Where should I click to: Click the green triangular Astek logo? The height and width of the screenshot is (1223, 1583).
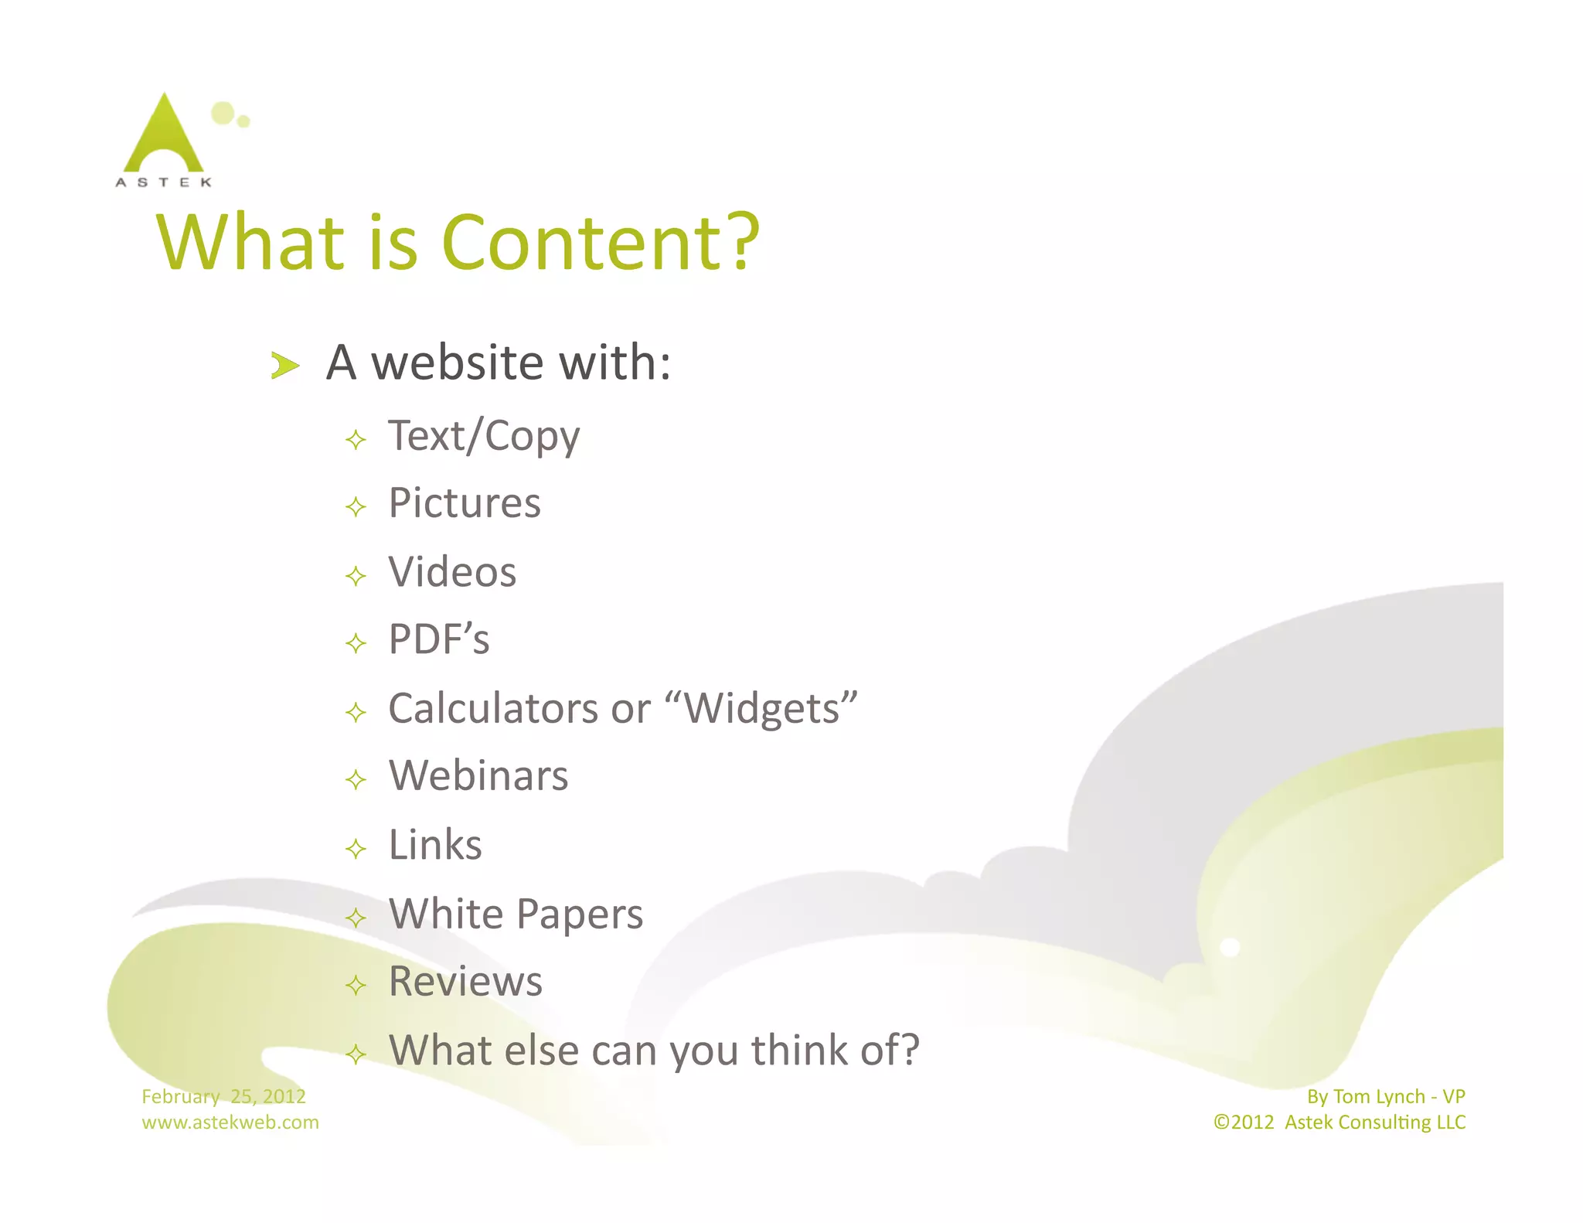tap(164, 135)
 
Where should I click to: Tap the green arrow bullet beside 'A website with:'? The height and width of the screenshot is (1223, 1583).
tap(284, 365)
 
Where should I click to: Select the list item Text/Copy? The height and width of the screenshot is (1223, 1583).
tap(484, 437)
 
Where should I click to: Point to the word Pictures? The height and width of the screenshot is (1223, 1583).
tap(465, 504)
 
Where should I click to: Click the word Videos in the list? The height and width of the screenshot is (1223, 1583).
tap(452, 573)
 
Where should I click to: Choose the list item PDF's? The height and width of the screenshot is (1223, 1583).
tap(439, 640)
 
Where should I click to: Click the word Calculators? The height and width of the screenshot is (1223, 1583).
tap(493, 709)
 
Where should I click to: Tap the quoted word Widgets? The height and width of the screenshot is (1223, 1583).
tap(761, 709)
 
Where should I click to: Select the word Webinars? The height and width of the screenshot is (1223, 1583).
tap(478, 776)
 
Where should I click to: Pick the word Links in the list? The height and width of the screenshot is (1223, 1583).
tap(435, 845)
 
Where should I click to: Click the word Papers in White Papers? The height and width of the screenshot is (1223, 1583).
tap(580, 915)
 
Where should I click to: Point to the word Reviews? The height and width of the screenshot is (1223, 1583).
tap(465, 982)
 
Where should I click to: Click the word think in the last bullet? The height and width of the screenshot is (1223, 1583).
tap(799, 1051)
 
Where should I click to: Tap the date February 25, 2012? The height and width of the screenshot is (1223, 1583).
tap(223, 1096)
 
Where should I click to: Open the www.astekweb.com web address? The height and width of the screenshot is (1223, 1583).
tap(230, 1122)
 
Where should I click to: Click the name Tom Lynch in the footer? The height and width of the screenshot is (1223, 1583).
tap(1379, 1096)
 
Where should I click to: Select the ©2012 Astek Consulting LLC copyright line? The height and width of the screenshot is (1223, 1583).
tap(1339, 1122)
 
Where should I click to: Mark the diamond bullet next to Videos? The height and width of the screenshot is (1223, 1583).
tap(356, 576)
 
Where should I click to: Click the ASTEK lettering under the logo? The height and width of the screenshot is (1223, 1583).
tap(163, 182)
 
